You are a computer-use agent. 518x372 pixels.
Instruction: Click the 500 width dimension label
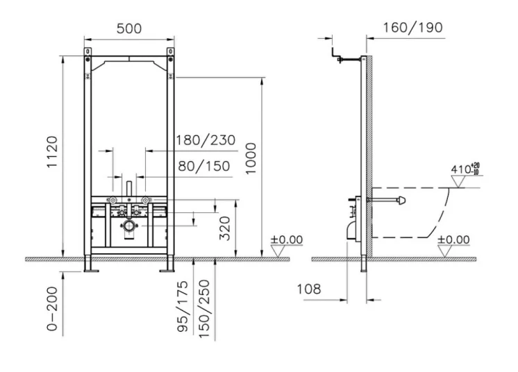[x=129, y=28]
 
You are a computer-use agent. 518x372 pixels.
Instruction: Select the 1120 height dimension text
[x=52, y=152]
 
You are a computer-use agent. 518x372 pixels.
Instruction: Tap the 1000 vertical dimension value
[x=251, y=158]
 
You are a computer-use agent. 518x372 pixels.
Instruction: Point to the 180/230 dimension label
[x=205, y=140]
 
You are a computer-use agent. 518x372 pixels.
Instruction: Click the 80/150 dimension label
[x=204, y=166]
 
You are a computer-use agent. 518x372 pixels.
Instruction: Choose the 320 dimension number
[x=225, y=228]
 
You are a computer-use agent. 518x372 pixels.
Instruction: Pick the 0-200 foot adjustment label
[x=52, y=309]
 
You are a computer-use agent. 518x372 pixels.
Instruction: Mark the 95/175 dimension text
[x=183, y=306]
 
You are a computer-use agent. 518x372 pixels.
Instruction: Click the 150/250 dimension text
[x=204, y=309]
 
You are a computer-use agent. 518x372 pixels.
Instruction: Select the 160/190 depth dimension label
[x=412, y=28]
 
